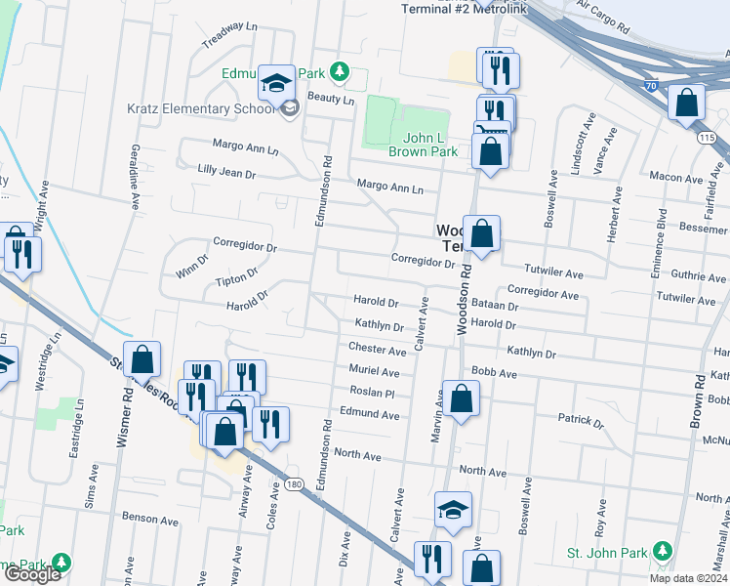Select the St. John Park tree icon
pos(662,552)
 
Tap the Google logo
pos(31,574)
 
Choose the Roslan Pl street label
pos(372,393)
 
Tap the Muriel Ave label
pos(375,371)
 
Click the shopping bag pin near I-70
pos(687,102)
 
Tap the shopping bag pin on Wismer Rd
pos(142,358)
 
